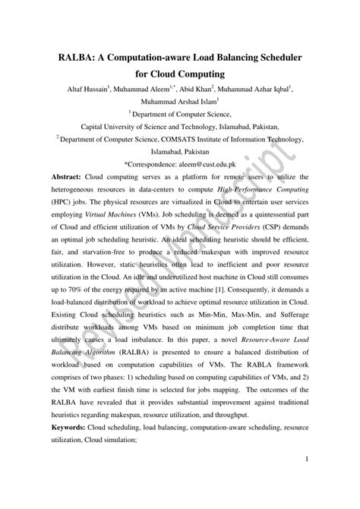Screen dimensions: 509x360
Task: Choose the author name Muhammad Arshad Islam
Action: (x=178, y=100)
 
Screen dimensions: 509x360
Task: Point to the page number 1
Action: (x=305, y=480)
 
